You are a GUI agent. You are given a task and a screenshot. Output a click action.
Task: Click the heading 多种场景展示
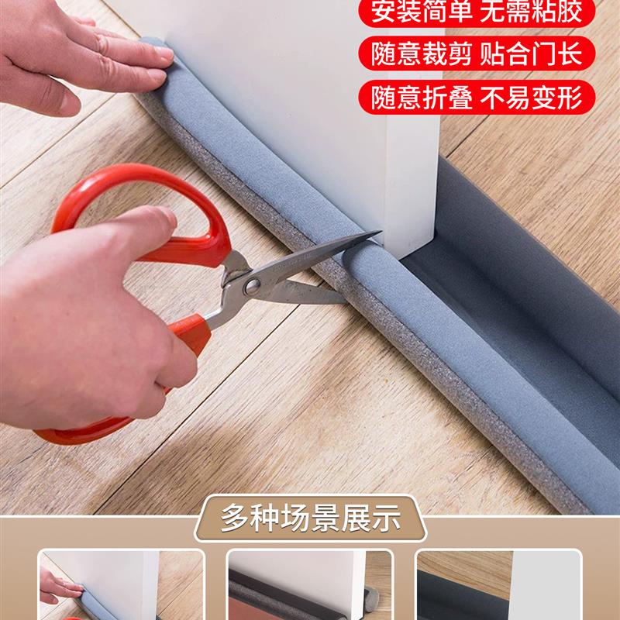[x=310, y=517]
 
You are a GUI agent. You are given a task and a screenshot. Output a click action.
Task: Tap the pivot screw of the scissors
[x=251, y=285]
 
